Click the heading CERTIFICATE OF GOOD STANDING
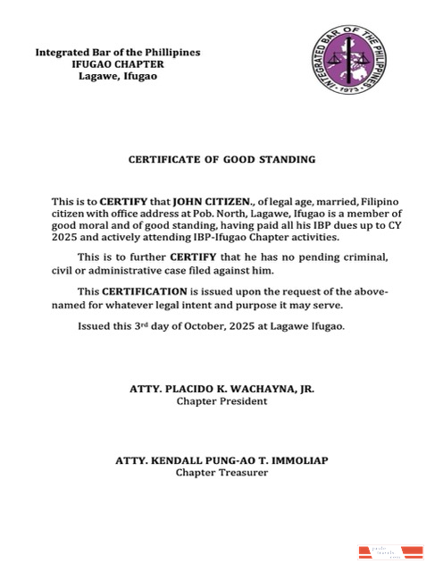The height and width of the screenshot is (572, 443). pos(221,159)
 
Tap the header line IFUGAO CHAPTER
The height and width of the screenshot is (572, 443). pos(118,64)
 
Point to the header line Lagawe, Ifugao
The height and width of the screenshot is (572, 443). pos(118,77)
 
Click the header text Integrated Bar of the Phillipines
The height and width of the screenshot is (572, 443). pos(118,52)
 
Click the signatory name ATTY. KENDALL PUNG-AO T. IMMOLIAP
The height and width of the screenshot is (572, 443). pos(221,460)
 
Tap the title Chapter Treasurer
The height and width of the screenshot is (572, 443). pos(221,472)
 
